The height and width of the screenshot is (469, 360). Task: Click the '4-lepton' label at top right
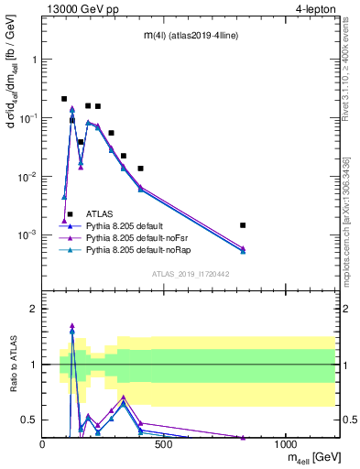tap(316, 9)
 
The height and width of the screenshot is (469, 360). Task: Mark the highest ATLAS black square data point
tap(64, 99)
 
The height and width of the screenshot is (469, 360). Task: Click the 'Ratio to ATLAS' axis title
tap(14, 363)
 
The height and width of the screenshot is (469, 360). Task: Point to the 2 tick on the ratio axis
tap(34, 309)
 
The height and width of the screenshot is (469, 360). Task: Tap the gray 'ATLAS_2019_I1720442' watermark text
tap(190, 273)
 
